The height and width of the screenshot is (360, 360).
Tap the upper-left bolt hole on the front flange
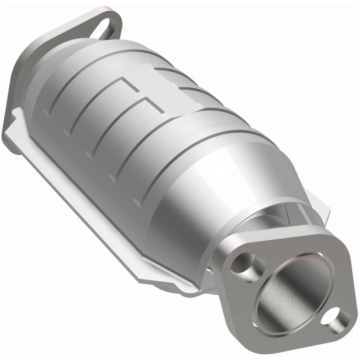[x=242, y=263]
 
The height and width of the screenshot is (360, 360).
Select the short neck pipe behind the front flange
[x=265, y=225]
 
